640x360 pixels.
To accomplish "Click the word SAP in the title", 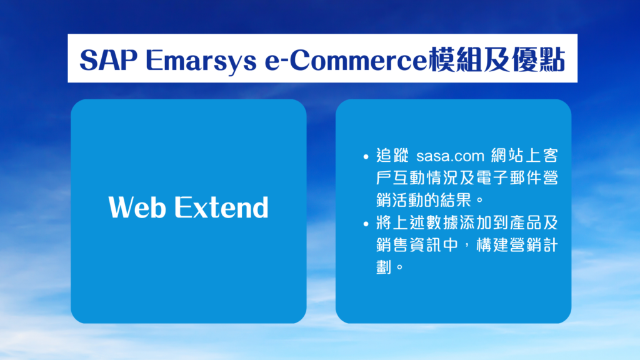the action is click(109, 60).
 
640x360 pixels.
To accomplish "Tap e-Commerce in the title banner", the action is click(346, 60).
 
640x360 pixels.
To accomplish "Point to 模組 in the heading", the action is click(455, 59).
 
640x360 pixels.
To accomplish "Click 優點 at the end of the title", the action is click(538, 59).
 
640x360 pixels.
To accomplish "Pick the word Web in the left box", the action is click(137, 207).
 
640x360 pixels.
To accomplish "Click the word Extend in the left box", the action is click(222, 207).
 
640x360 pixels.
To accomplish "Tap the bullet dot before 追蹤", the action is click(366, 156).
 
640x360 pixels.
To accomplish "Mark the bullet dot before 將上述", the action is click(366, 224).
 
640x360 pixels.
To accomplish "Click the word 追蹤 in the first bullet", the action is click(392, 156).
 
